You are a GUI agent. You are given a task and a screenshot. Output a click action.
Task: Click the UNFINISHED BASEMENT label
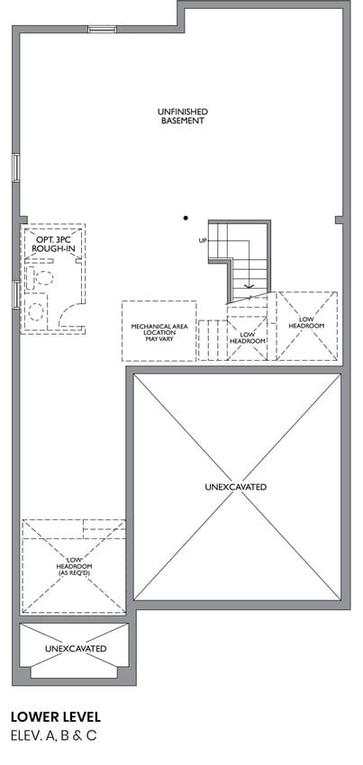(182, 116)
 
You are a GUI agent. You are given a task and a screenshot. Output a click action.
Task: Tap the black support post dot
(186, 218)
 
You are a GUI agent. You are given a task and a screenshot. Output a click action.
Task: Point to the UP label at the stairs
(203, 240)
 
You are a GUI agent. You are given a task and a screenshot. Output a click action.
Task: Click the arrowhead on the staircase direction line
(250, 287)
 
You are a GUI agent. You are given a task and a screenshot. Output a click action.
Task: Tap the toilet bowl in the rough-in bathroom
(44, 277)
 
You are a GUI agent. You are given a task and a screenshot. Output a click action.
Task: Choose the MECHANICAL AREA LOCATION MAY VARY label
(159, 332)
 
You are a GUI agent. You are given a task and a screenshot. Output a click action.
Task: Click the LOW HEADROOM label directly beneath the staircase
(247, 337)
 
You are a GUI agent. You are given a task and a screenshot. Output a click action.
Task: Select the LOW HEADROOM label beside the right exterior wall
(306, 322)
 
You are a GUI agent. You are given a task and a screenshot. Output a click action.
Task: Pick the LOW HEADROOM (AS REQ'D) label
(74, 565)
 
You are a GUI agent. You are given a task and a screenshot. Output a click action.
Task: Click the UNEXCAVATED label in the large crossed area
(235, 487)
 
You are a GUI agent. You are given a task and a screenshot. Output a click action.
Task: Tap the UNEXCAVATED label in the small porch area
(76, 648)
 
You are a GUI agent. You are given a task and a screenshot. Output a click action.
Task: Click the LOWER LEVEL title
(56, 716)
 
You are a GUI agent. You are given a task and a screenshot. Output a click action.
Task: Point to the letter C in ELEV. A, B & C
(91, 735)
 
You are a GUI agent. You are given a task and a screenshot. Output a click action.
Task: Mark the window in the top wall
(102, 30)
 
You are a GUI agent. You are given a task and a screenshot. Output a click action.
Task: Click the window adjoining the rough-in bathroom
(16, 294)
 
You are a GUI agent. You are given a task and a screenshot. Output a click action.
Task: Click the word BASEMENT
(182, 121)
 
